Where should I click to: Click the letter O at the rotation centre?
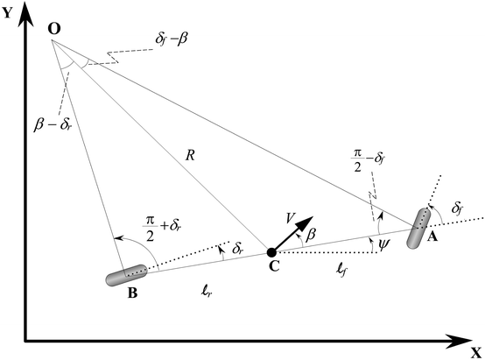[x=54, y=29]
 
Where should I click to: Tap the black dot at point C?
[x=272, y=254]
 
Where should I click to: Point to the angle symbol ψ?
[x=383, y=244]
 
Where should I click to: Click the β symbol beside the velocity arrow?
[x=308, y=236]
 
